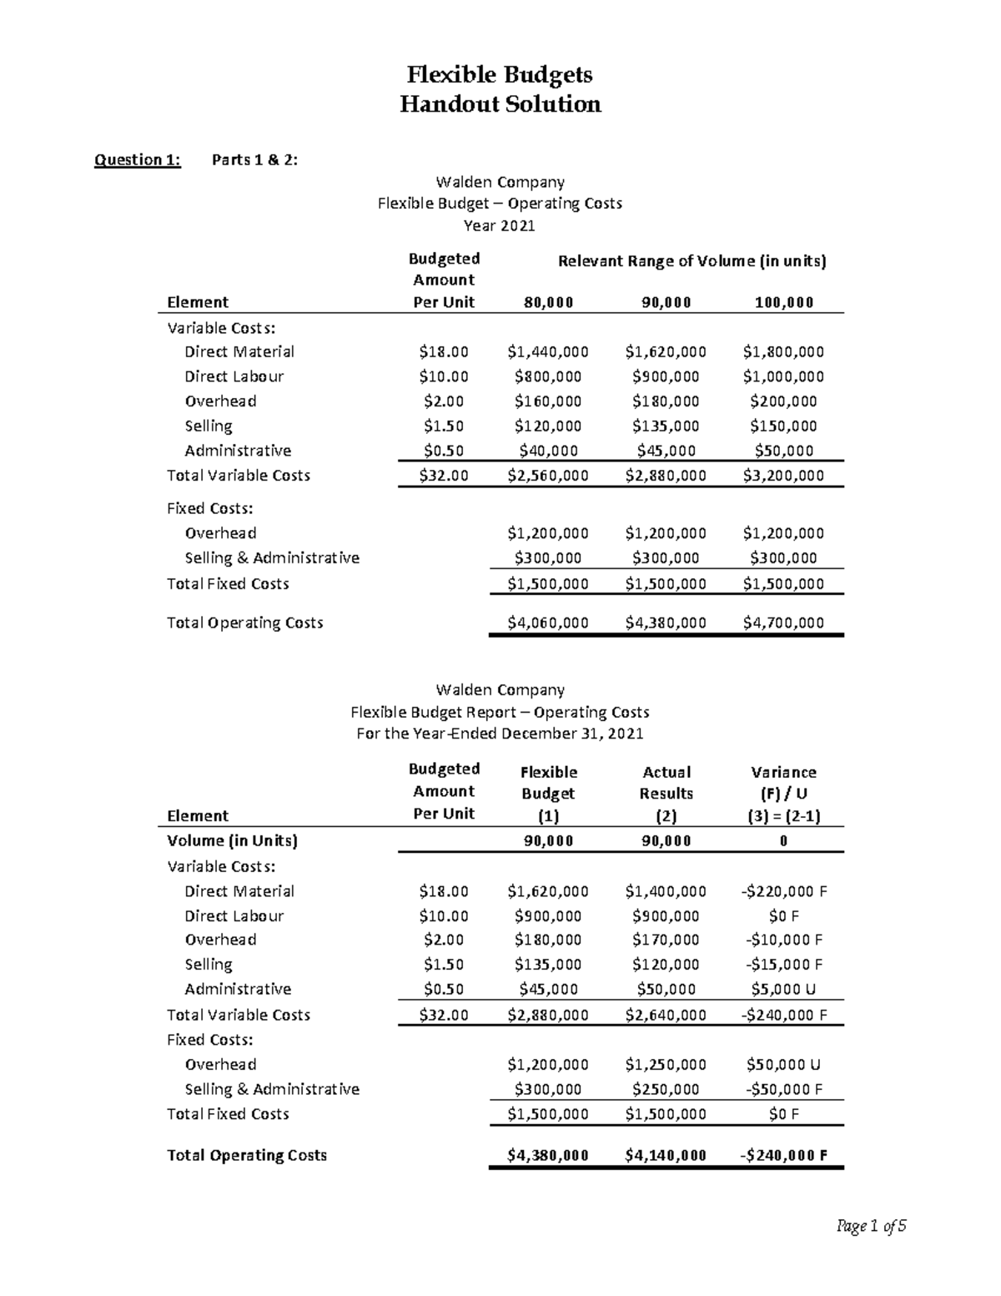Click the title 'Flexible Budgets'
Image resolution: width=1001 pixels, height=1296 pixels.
pos(500,74)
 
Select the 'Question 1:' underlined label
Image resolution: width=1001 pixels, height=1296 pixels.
pos(137,159)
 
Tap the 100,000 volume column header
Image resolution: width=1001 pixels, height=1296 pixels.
pos(783,302)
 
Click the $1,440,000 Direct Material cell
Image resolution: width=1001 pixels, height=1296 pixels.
pos(547,351)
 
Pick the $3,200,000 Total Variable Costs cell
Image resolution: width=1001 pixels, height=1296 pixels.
pos(782,475)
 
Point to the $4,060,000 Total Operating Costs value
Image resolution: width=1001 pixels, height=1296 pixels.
pos(547,623)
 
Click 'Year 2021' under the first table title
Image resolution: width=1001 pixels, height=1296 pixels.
pos(499,225)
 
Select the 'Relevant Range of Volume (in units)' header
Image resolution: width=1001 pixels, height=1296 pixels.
pos(692,261)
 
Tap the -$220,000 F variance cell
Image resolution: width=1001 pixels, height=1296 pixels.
pos(783,891)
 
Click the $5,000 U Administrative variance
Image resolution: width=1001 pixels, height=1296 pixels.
pos(783,989)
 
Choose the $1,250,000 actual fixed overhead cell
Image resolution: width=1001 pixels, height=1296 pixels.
pos(665,1064)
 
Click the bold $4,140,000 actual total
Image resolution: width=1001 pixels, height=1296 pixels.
pos(665,1155)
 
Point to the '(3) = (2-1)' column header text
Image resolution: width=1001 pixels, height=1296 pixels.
pos(783,816)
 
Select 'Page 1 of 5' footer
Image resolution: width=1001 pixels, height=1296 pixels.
pos(871,1226)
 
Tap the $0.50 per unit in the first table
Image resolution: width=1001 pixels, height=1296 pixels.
pos(443,451)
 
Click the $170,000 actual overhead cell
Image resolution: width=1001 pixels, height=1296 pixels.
pos(665,940)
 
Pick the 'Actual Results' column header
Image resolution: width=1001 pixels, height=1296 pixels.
pos(666,783)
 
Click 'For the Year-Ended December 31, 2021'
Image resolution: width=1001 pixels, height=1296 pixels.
pos(499,734)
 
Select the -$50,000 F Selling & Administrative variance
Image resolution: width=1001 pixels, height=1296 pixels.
pos(783,1089)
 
